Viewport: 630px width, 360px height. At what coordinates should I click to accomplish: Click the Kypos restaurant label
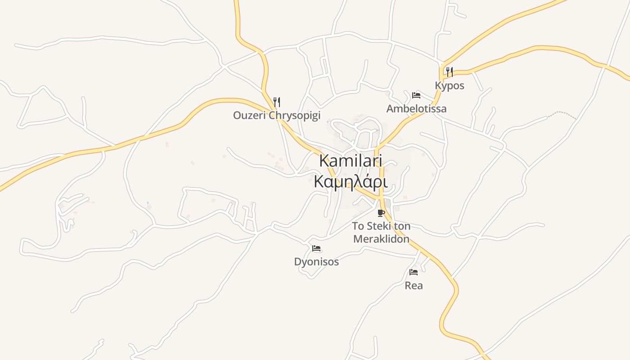point(449,85)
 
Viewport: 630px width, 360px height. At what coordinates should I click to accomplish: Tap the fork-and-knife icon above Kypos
point(449,71)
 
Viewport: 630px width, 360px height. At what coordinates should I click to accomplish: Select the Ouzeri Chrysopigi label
point(276,115)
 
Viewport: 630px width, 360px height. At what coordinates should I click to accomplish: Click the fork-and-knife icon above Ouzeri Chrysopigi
point(276,102)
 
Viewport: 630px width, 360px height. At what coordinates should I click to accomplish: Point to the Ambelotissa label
point(416,108)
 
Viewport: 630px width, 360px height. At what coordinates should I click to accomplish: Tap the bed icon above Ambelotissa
point(416,95)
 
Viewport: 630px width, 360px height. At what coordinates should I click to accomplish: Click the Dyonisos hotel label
point(316,261)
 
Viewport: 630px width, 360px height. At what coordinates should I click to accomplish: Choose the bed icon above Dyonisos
point(316,248)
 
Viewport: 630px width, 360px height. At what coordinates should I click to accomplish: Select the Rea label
point(414,285)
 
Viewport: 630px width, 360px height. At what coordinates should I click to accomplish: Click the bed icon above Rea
point(414,272)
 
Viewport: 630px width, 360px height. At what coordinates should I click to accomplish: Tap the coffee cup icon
point(381,213)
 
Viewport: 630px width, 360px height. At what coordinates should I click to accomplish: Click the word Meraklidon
point(381,238)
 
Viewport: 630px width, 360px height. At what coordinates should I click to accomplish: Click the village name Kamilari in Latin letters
point(351,161)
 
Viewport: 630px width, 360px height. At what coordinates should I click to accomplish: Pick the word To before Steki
point(358,226)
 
